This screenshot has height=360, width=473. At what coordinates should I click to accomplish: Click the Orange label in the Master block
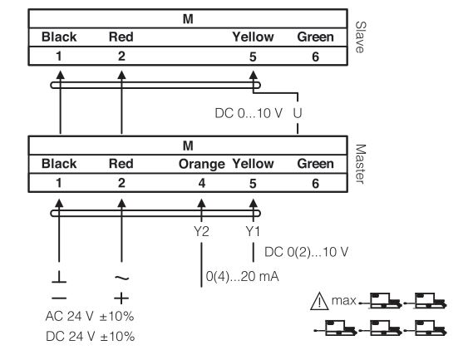coord(201,165)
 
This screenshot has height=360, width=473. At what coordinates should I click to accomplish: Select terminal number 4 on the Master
coord(202,183)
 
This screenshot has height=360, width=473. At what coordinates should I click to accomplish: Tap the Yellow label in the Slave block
coord(253,37)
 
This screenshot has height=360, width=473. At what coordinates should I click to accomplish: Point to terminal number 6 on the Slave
coord(315,57)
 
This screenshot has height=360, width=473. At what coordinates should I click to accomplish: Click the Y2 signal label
coord(201,231)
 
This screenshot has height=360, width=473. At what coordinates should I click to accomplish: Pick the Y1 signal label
coord(253,231)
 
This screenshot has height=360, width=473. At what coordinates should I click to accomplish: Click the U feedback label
coord(298,113)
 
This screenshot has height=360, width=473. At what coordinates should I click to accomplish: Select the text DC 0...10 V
coord(249,113)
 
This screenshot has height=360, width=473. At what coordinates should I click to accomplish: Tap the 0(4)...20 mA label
coord(242,276)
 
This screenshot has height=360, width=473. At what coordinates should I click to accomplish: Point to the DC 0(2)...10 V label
coord(306,252)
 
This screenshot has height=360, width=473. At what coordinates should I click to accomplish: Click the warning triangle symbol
coord(319,301)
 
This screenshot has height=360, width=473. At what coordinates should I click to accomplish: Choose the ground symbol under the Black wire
coord(59,277)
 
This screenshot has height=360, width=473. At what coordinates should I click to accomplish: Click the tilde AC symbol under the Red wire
coord(122,278)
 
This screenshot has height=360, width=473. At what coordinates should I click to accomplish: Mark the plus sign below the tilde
coord(121,298)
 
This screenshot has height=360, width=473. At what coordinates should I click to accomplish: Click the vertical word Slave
coord(360,37)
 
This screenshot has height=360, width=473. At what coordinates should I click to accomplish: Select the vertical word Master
coord(360,164)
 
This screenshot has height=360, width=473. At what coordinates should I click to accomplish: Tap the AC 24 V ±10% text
coord(90,317)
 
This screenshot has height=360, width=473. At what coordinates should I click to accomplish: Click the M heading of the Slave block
coord(188,19)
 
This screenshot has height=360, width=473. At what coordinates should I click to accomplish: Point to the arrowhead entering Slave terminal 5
coord(253,75)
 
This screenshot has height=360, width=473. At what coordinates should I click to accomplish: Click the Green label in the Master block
coord(316,164)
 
